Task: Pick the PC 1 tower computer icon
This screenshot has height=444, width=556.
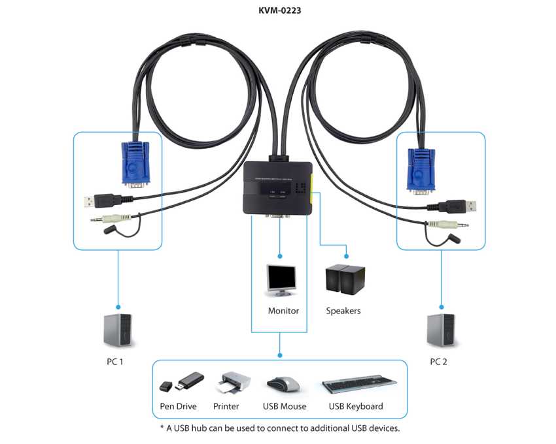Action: (118, 330)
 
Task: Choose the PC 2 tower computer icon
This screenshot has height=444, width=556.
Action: (440, 330)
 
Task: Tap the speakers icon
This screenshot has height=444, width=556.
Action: (345, 279)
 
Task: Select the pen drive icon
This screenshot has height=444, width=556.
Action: (181, 382)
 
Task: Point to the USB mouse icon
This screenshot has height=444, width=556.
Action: (284, 383)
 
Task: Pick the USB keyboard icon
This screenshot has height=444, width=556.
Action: (358, 383)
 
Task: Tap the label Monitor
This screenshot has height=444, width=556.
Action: (283, 311)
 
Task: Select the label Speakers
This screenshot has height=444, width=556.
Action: (343, 311)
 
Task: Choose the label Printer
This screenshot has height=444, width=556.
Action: (226, 406)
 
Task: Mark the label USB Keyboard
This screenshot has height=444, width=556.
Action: (356, 406)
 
